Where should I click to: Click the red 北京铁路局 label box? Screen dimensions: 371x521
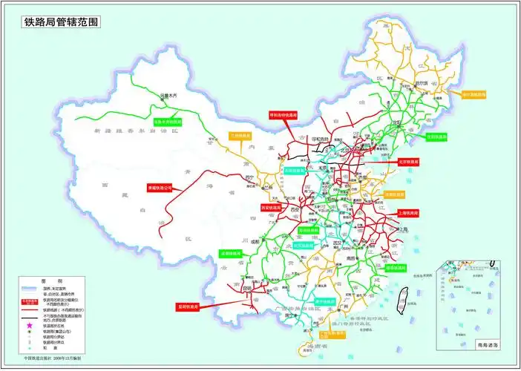(x=409, y=161)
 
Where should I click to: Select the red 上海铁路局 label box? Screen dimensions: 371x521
(x=409, y=213)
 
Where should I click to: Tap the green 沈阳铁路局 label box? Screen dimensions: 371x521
(x=436, y=137)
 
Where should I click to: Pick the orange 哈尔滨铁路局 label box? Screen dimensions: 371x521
(x=473, y=95)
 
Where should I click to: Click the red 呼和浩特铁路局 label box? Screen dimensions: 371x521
(x=283, y=116)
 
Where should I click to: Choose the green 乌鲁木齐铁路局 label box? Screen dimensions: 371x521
(x=168, y=121)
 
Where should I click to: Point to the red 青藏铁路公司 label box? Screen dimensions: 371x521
(x=160, y=188)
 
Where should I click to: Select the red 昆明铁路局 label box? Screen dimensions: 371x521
(x=190, y=306)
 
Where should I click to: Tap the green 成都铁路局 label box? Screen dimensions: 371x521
(x=233, y=253)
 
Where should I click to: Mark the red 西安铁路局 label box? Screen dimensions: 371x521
(x=271, y=208)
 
